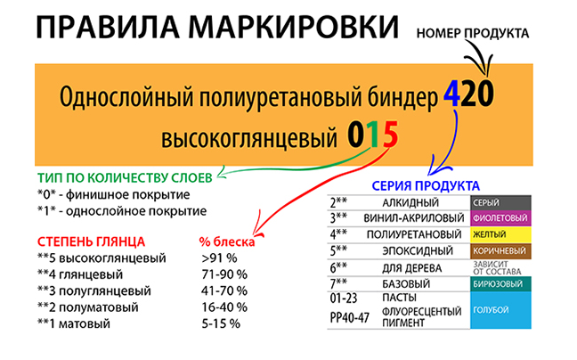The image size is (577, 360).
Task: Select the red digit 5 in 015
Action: point(387,136)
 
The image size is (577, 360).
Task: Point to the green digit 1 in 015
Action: point(372,136)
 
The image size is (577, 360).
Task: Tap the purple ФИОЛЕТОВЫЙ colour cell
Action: point(500,218)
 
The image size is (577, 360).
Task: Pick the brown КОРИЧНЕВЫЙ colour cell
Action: point(500,250)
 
